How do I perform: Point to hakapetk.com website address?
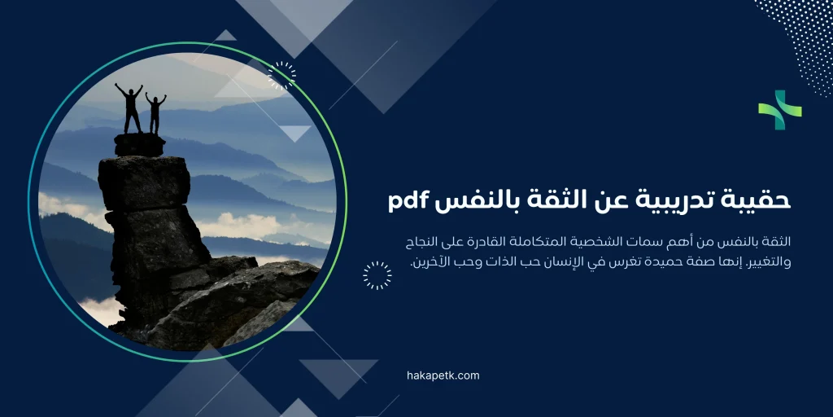[x=443, y=375]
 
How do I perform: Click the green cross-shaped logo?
[x=779, y=110]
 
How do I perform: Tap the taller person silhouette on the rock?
[x=129, y=108]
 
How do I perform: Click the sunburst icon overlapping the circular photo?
[x=281, y=76]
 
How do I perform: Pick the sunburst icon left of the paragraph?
[x=377, y=275]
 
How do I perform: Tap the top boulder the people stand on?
[x=139, y=145]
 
